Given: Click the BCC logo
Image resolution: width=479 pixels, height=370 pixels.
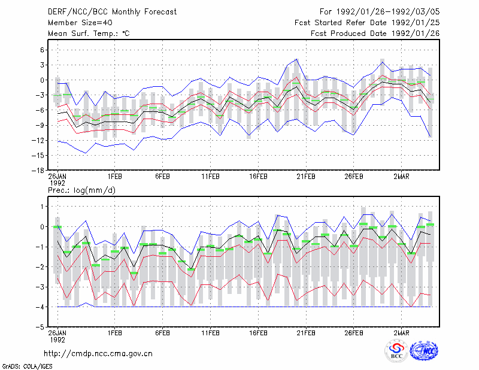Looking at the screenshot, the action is point(396,351).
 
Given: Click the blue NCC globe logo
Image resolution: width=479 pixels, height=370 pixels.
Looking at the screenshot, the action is point(424,351).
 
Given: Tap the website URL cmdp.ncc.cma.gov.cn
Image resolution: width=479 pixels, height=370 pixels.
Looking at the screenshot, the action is point(98,354).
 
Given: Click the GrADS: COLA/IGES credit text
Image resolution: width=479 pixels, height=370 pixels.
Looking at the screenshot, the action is point(28,366).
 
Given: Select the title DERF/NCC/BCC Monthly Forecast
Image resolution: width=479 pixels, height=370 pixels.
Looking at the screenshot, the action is point(112,12).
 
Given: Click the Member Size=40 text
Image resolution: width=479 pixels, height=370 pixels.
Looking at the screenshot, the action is point(80,23).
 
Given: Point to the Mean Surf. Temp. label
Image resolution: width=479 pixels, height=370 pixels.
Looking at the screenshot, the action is point(89,34).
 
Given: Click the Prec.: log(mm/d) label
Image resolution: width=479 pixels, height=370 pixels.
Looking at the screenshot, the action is point(81,190).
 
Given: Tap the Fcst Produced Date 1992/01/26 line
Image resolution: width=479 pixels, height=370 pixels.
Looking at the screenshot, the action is point(375,34).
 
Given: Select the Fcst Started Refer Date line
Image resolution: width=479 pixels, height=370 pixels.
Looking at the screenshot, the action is point(367,23).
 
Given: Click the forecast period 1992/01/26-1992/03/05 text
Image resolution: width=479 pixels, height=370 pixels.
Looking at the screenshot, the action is point(380,12).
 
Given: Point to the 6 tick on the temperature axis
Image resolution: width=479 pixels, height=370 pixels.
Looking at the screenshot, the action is point(43,50).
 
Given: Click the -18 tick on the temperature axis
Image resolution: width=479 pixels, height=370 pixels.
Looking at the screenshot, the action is point(38,171).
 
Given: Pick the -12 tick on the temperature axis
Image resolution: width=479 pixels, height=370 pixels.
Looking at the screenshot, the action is point(38,141).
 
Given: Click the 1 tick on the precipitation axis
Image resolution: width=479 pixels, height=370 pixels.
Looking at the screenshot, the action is point(43,207).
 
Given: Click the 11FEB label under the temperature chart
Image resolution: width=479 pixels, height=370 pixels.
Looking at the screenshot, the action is point(210,177).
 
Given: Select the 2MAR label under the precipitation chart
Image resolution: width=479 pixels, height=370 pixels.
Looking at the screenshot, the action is point(401,333).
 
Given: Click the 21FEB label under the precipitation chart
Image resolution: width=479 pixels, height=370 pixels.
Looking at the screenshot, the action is point(306,333).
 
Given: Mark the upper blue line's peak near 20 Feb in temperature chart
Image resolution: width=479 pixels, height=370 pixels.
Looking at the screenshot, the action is point(296,59).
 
